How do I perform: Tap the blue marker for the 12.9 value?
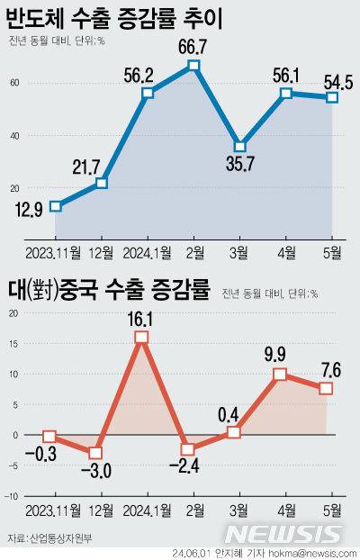56,206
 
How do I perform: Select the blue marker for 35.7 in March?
239,146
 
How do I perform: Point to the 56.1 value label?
285,75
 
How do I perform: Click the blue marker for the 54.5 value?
332,97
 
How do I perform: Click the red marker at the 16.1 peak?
142,338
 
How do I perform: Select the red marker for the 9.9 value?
281,375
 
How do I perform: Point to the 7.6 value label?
327,369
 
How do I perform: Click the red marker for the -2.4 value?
188,449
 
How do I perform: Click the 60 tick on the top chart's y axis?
15,83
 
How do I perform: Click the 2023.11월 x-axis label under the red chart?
51,510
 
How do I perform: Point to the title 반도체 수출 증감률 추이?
114,18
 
